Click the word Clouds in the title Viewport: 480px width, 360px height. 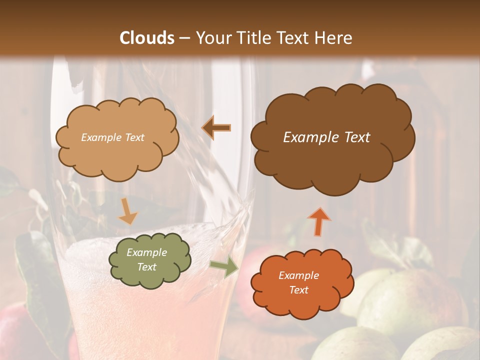click(147, 38)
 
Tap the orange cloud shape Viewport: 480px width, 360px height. click(302, 300)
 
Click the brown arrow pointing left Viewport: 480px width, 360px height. click(216, 128)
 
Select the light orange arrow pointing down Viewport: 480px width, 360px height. click(127, 212)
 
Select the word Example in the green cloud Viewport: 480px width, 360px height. click(146, 252)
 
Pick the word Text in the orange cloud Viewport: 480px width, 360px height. click(298, 290)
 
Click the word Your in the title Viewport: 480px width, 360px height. click(211, 38)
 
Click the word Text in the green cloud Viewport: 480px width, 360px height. click(146, 267)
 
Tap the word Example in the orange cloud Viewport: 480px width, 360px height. click(298, 275)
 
